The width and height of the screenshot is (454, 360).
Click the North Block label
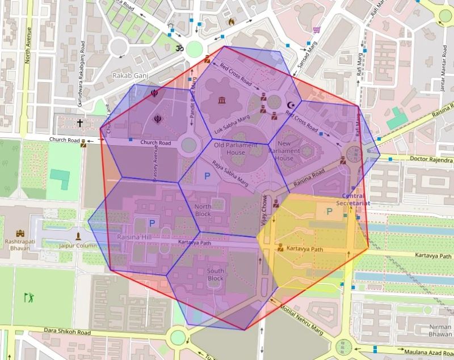click(203, 210)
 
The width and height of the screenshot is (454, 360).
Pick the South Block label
click(215, 274)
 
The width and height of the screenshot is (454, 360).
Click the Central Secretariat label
click(353, 199)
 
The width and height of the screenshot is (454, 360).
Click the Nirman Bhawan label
click(441, 331)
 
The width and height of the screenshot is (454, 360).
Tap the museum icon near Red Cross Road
click(220, 101)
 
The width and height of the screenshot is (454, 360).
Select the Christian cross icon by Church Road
click(80, 122)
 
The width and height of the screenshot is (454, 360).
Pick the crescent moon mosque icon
click(292, 104)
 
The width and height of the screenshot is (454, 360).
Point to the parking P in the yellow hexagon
click(329, 211)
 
